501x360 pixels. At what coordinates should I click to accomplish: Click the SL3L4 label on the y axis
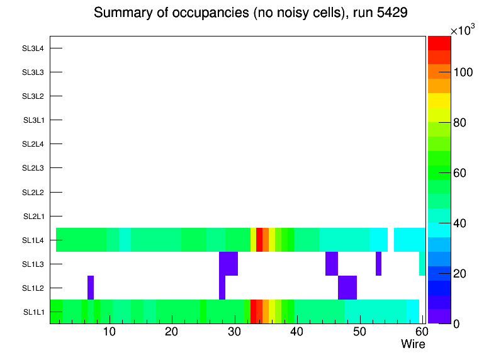(x=33, y=48)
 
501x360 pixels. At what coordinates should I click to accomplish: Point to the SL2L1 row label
(x=33, y=217)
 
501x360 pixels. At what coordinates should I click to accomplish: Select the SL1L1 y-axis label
(x=33, y=312)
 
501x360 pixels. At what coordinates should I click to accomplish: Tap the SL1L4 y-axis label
(x=33, y=240)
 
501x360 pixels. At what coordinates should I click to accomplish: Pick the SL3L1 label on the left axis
(x=33, y=120)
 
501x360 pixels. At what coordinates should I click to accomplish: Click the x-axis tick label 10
(x=109, y=332)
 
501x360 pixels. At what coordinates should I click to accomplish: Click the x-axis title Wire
(x=413, y=344)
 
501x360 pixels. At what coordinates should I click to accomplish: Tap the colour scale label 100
(x=463, y=72)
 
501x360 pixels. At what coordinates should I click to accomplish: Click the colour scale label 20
(x=460, y=273)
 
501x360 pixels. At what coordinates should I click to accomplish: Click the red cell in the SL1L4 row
(x=259, y=240)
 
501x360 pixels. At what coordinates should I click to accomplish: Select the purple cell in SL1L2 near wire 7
(x=91, y=288)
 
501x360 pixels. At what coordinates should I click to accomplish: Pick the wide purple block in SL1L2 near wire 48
(x=347, y=288)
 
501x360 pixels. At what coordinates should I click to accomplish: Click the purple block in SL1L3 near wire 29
(x=228, y=264)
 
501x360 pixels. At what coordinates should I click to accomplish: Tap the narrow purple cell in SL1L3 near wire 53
(x=378, y=264)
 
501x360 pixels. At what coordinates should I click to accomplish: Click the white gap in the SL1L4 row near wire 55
(x=391, y=240)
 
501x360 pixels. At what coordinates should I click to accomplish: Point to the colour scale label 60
(x=460, y=173)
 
